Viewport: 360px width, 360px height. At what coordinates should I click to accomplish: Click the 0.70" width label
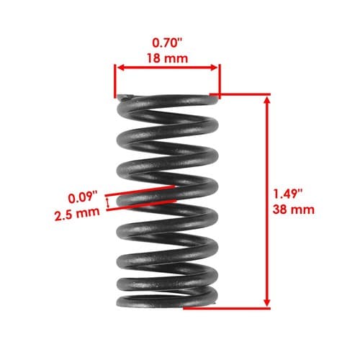(168, 42)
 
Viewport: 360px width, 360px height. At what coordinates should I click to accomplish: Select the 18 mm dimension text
(168, 58)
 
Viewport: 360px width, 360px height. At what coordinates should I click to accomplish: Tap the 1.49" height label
(288, 194)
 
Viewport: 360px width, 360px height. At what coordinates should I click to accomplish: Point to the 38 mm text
(293, 210)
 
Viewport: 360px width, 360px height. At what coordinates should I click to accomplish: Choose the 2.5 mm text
(77, 214)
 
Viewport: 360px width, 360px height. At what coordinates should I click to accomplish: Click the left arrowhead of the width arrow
(121, 68)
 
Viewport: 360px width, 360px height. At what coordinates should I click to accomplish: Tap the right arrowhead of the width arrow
(214, 68)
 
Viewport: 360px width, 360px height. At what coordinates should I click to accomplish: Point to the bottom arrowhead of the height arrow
(267, 303)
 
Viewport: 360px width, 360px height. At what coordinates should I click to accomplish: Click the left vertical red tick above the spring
(115, 81)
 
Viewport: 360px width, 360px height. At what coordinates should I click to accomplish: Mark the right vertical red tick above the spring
(220, 81)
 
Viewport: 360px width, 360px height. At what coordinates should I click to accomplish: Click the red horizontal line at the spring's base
(227, 308)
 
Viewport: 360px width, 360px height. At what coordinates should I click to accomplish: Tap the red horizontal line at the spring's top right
(240, 94)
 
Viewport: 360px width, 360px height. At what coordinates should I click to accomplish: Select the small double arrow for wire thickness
(108, 203)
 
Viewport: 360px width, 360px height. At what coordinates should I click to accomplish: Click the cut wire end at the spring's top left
(125, 98)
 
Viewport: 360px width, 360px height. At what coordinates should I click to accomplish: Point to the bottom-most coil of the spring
(167, 301)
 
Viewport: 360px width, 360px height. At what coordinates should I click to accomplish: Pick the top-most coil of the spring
(168, 101)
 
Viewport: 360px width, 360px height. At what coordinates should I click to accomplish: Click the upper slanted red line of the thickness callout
(140, 191)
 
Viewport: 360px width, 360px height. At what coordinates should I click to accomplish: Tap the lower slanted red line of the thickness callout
(142, 205)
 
